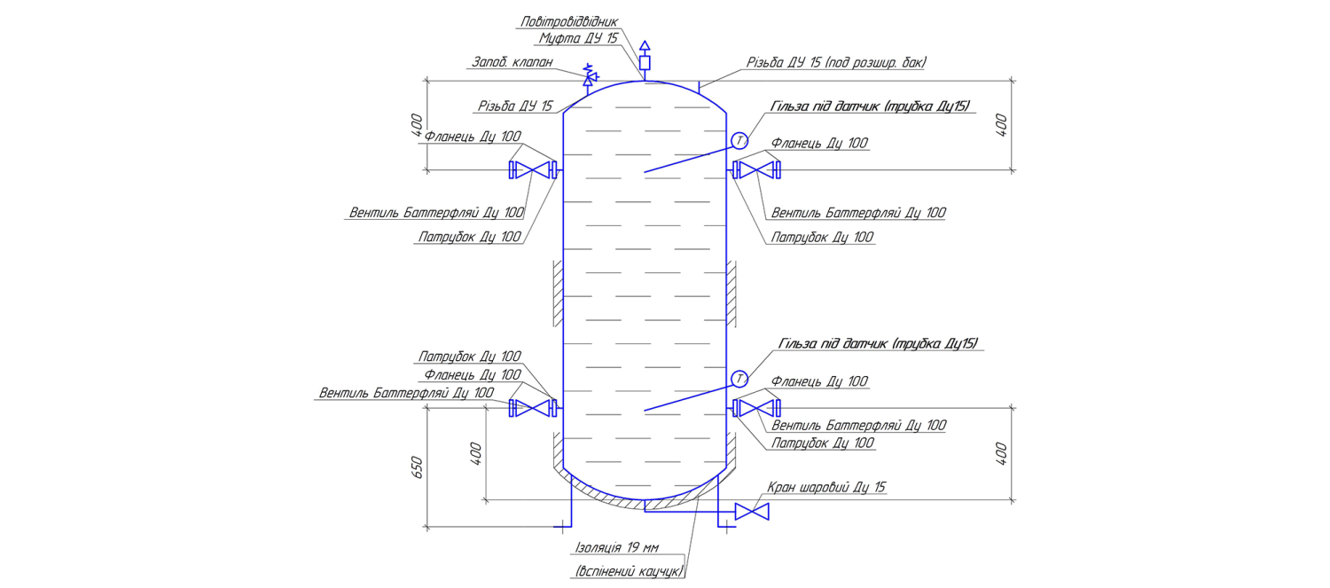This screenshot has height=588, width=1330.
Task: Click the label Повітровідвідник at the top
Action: point(569,22)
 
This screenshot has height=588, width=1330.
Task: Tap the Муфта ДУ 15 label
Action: point(578,39)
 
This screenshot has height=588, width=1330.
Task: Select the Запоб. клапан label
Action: point(512,62)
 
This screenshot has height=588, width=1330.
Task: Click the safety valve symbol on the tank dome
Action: point(590,77)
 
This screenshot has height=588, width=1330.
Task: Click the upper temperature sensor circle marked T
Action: point(739,141)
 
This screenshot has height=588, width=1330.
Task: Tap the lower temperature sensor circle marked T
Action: point(739,379)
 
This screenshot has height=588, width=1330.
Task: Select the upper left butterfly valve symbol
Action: point(533,170)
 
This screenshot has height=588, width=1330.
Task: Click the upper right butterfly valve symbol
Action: point(756,170)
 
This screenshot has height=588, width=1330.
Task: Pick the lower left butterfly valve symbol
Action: point(533,408)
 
